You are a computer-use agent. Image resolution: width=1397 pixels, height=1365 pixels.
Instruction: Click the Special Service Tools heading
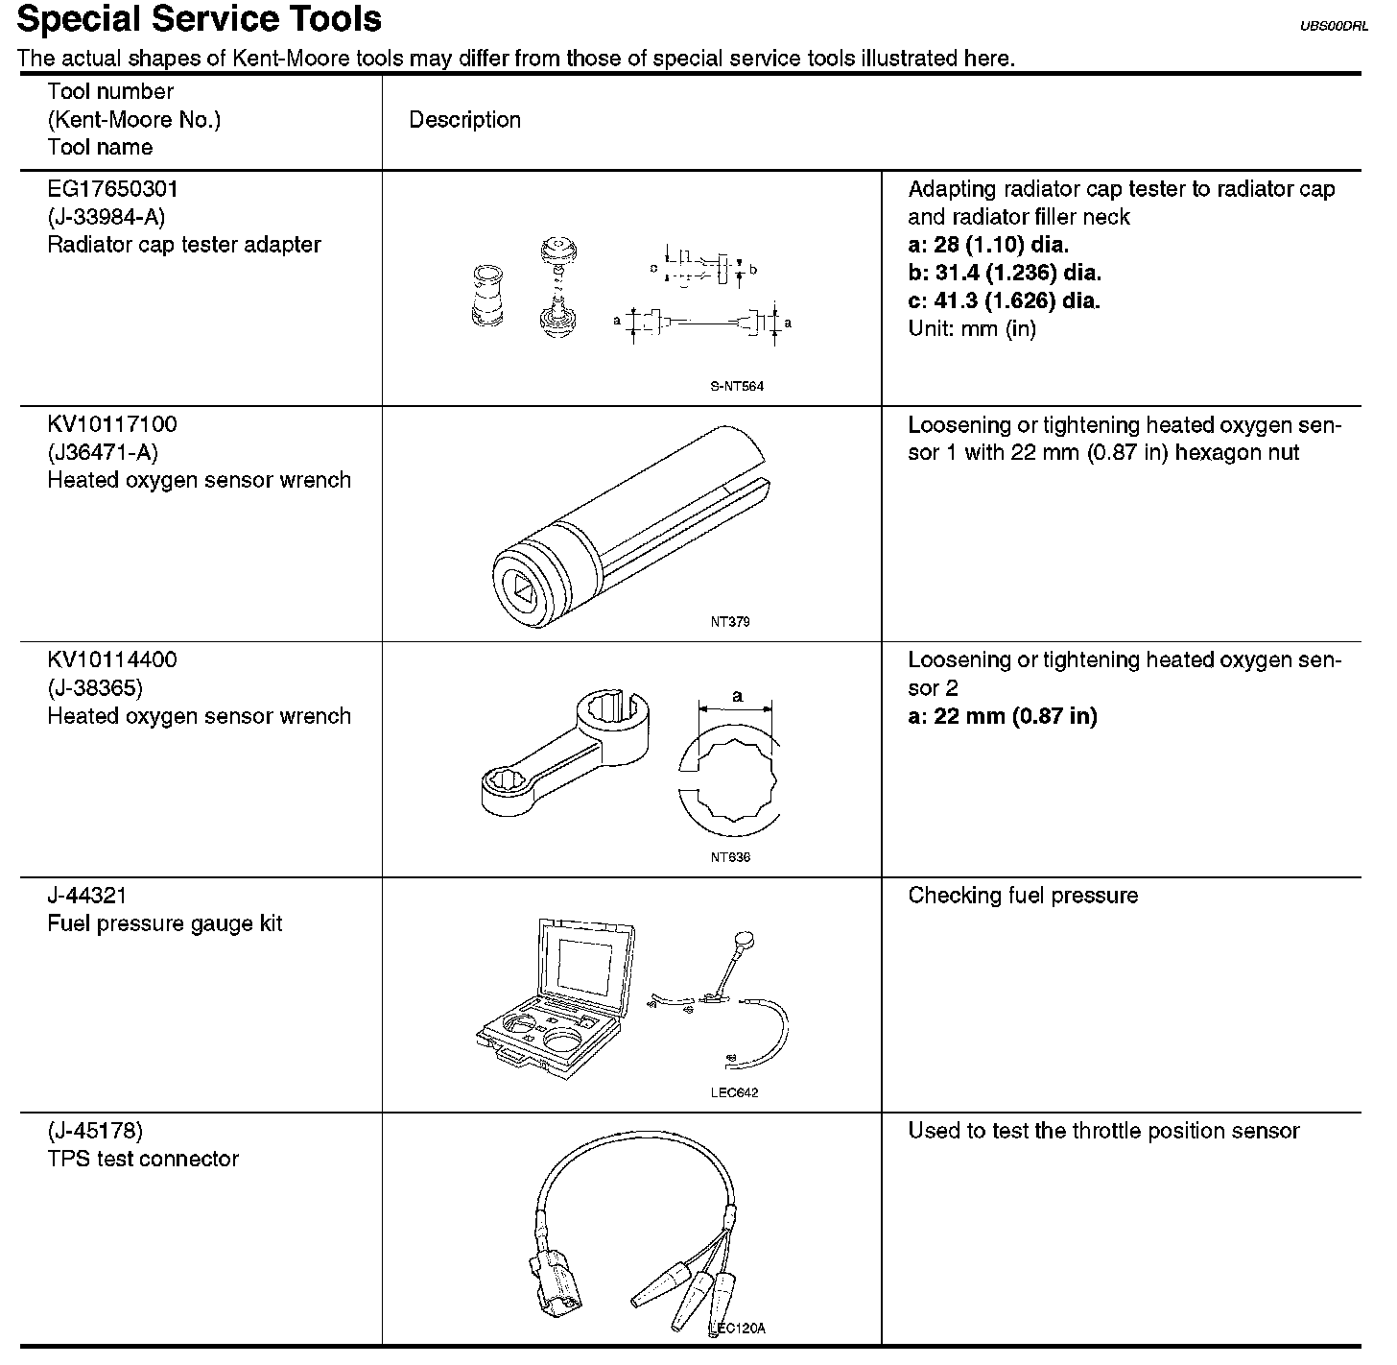pyautogui.click(x=199, y=19)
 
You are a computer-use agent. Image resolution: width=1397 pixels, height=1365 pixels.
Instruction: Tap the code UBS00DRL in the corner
pyautogui.click(x=1334, y=27)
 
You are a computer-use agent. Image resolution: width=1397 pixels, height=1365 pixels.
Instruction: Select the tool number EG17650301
pyautogui.click(x=112, y=189)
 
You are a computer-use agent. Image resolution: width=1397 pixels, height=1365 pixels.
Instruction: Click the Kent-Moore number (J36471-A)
pyautogui.click(x=103, y=452)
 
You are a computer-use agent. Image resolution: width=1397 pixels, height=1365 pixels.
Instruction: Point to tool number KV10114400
pyautogui.click(x=112, y=660)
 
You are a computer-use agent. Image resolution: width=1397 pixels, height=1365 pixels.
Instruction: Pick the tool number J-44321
pyautogui.click(x=87, y=896)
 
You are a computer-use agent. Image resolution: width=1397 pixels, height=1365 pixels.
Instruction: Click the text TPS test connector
pyautogui.click(x=143, y=1159)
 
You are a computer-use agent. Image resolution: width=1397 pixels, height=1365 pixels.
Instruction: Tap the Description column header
pyautogui.click(x=464, y=120)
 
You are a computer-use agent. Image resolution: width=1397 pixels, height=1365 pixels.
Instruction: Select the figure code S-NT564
pyautogui.click(x=737, y=387)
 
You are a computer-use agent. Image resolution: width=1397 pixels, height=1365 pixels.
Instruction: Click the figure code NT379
pyautogui.click(x=730, y=622)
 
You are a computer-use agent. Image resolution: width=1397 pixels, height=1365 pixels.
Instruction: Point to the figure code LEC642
pyautogui.click(x=734, y=1092)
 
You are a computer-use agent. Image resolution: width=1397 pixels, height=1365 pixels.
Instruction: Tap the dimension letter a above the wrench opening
pyautogui.click(x=737, y=696)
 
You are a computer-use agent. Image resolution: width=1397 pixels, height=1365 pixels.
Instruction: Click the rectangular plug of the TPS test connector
pyautogui.click(x=554, y=1281)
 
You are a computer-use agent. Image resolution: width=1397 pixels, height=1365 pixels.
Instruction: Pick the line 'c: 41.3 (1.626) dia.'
pyautogui.click(x=1004, y=300)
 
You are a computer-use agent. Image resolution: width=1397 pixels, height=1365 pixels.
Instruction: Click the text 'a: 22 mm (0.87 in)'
pyautogui.click(x=1002, y=716)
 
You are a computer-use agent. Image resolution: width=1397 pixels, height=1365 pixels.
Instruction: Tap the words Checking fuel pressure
pyautogui.click(x=1023, y=896)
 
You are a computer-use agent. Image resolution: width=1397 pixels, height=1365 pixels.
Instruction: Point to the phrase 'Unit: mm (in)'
pyautogui.click(x=972, y=328)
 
